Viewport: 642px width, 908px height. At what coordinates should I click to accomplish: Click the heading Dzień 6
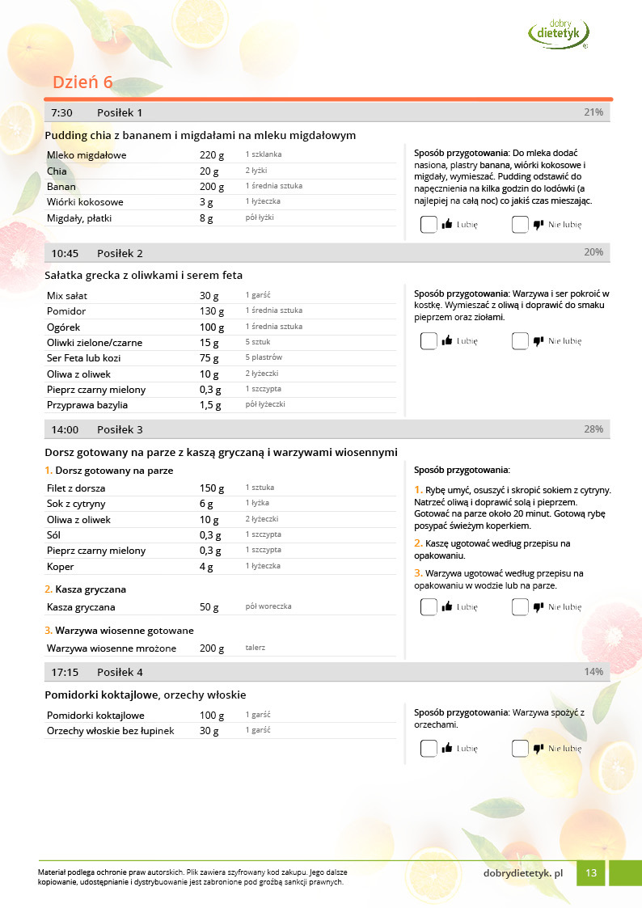pos(82,82)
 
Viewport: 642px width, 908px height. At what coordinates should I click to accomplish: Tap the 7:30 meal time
pos(62,112)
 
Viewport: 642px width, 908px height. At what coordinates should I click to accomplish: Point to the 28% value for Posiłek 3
pos(593,429)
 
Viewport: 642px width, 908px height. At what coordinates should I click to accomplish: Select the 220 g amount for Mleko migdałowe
pos(212,155)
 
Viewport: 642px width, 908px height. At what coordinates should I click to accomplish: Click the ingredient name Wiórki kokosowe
pos(85,202)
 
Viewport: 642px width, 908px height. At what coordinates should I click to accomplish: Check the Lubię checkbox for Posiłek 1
pos(429,225)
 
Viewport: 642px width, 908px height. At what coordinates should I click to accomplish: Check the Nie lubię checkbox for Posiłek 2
pos(520,341)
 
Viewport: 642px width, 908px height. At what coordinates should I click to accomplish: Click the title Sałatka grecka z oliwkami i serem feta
pos(144,275)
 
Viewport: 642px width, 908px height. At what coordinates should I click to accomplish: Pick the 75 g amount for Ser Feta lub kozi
pos(209,358)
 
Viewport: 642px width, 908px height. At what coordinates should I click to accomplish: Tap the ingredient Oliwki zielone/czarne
pos(94,343)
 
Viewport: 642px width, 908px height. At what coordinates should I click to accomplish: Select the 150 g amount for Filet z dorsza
pos(212,488)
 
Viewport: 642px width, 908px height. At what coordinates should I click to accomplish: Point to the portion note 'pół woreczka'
pos(268,606)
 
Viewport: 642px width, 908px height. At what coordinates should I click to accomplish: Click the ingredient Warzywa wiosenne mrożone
pos(112,648)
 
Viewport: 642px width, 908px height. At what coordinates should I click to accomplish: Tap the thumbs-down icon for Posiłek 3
pos(538,607)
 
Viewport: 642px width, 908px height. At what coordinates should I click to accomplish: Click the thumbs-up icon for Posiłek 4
pos(446,749)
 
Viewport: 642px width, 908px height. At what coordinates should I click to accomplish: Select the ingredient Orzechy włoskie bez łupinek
pos(111,731)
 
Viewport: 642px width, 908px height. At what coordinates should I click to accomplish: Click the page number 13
pos(591,872)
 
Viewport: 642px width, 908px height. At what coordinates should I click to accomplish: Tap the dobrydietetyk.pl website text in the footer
pos(522,872)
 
